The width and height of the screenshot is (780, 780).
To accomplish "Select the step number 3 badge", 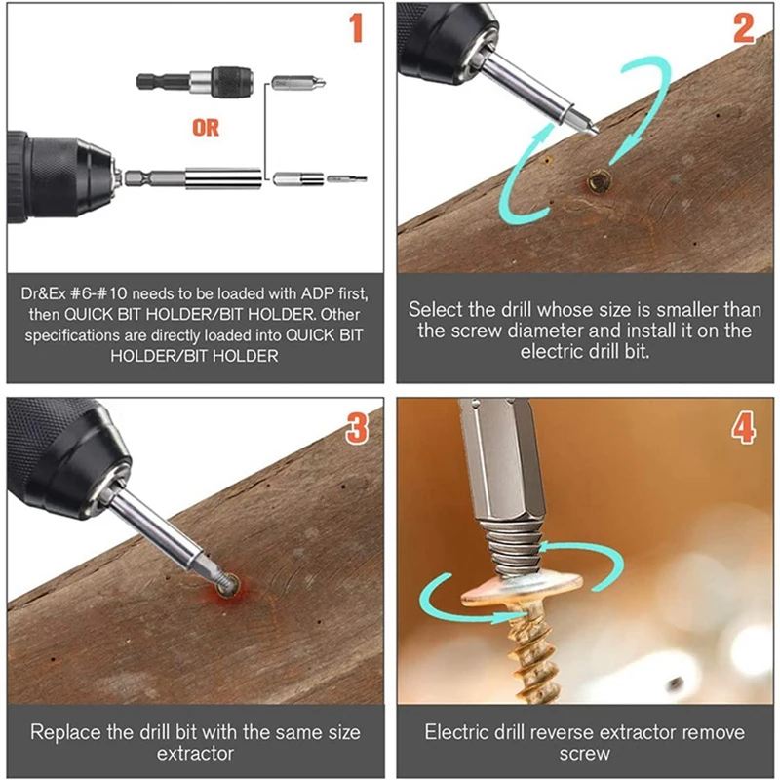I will (357, 425).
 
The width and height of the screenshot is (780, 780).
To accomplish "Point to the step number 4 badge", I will (744, 425).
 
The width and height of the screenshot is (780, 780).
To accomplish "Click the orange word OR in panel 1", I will (205, 127).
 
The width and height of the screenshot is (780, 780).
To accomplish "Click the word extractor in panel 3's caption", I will (195, 753).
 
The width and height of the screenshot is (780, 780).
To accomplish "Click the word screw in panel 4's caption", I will (585, 753).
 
